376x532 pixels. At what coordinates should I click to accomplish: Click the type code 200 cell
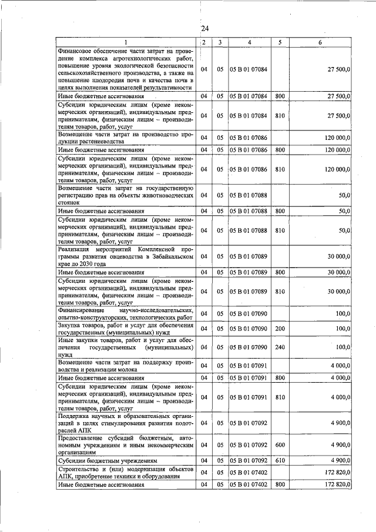click(x=280, y=329)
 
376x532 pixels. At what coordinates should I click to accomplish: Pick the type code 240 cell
click(x=280, y=347)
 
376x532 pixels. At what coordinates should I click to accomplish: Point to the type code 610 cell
click(x=280, y=460)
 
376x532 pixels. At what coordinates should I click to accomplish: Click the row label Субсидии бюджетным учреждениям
click(x=107, y=460)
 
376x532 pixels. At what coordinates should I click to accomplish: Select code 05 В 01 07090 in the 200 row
click(x=249, y=329)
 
